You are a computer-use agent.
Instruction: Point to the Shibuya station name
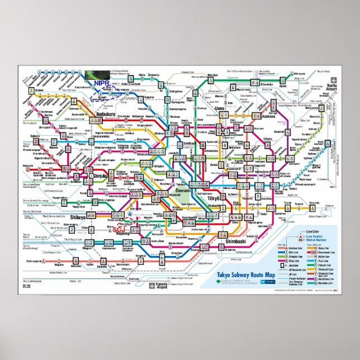78,217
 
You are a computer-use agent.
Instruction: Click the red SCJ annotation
118,229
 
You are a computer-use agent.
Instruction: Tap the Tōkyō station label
214,199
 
